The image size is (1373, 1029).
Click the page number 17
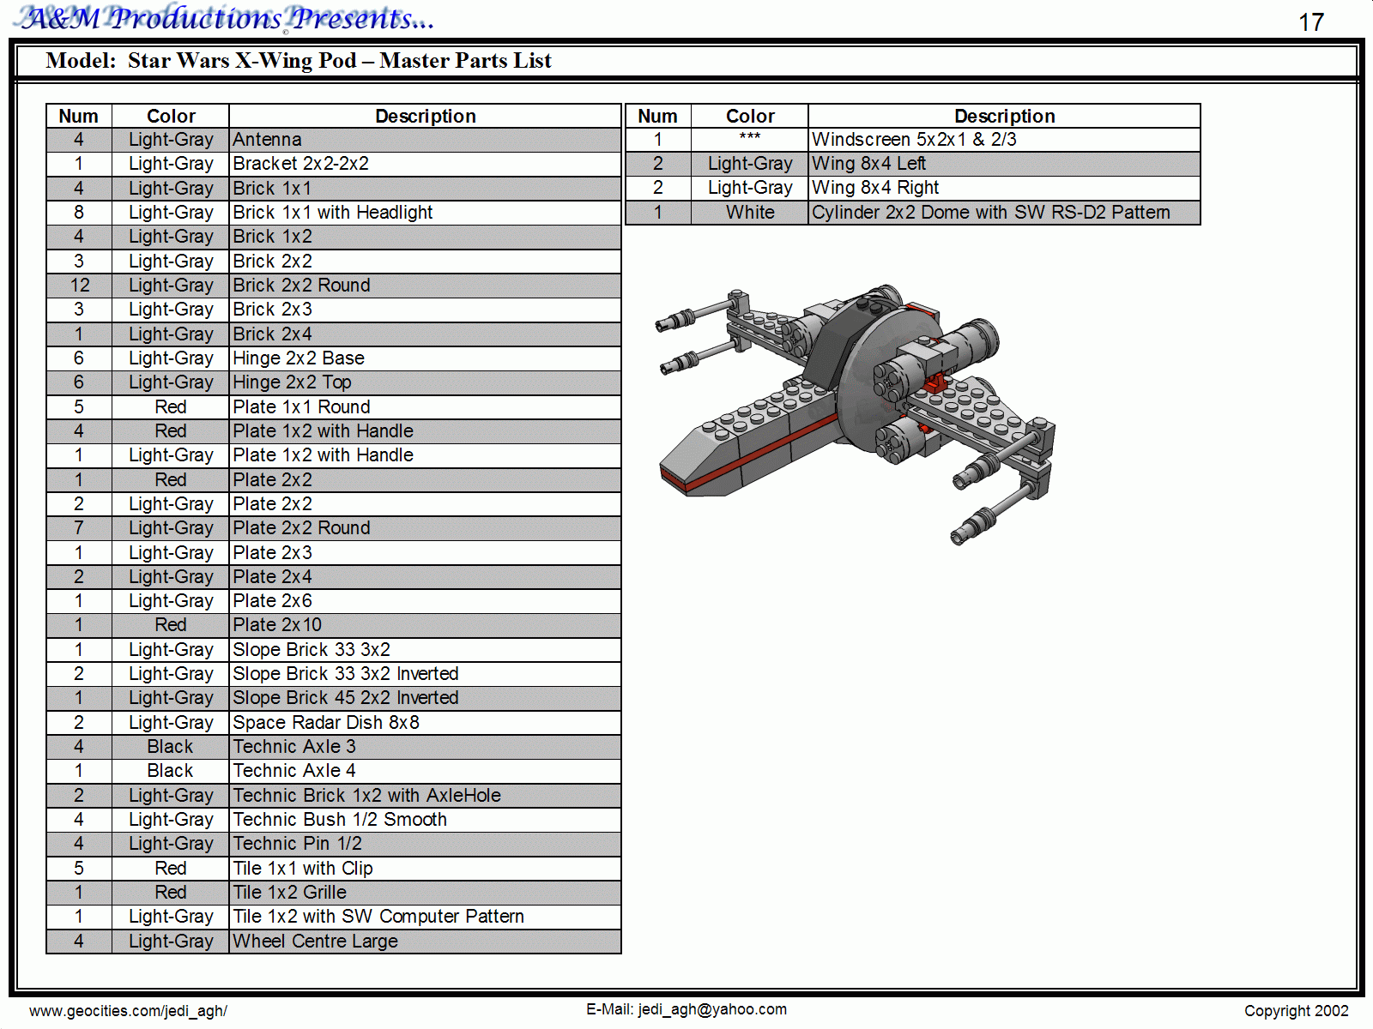[x=1311, y=22]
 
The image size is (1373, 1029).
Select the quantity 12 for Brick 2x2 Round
[x=80, y=286]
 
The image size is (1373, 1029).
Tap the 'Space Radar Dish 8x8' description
[x=326, y=722]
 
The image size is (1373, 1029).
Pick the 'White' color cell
[x=750, y=213]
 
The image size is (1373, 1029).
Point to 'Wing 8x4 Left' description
[x=868, y=164]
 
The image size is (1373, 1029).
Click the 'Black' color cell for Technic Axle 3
[x=170, y=747]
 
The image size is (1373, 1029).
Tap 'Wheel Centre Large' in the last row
[x=315, y=941]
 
